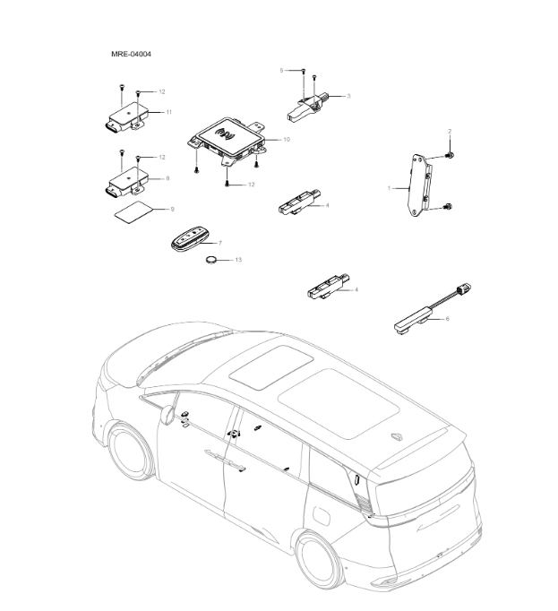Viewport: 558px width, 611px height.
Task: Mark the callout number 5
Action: pos(281,69)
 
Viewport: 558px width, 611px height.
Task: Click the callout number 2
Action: pos(449,132)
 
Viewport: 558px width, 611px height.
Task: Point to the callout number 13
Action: pos(238,260)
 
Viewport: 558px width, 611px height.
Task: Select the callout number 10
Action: pos(287,140)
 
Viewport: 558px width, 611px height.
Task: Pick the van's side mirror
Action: pos(167,413)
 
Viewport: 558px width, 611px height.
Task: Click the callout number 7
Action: pos(219,243)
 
